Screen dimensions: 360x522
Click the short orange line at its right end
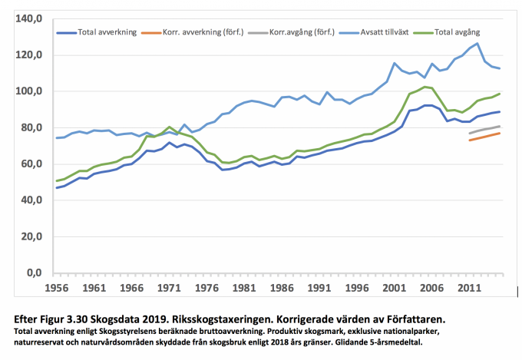click(x=500, y=134)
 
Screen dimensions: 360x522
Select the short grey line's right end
click(x=500, y=127)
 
